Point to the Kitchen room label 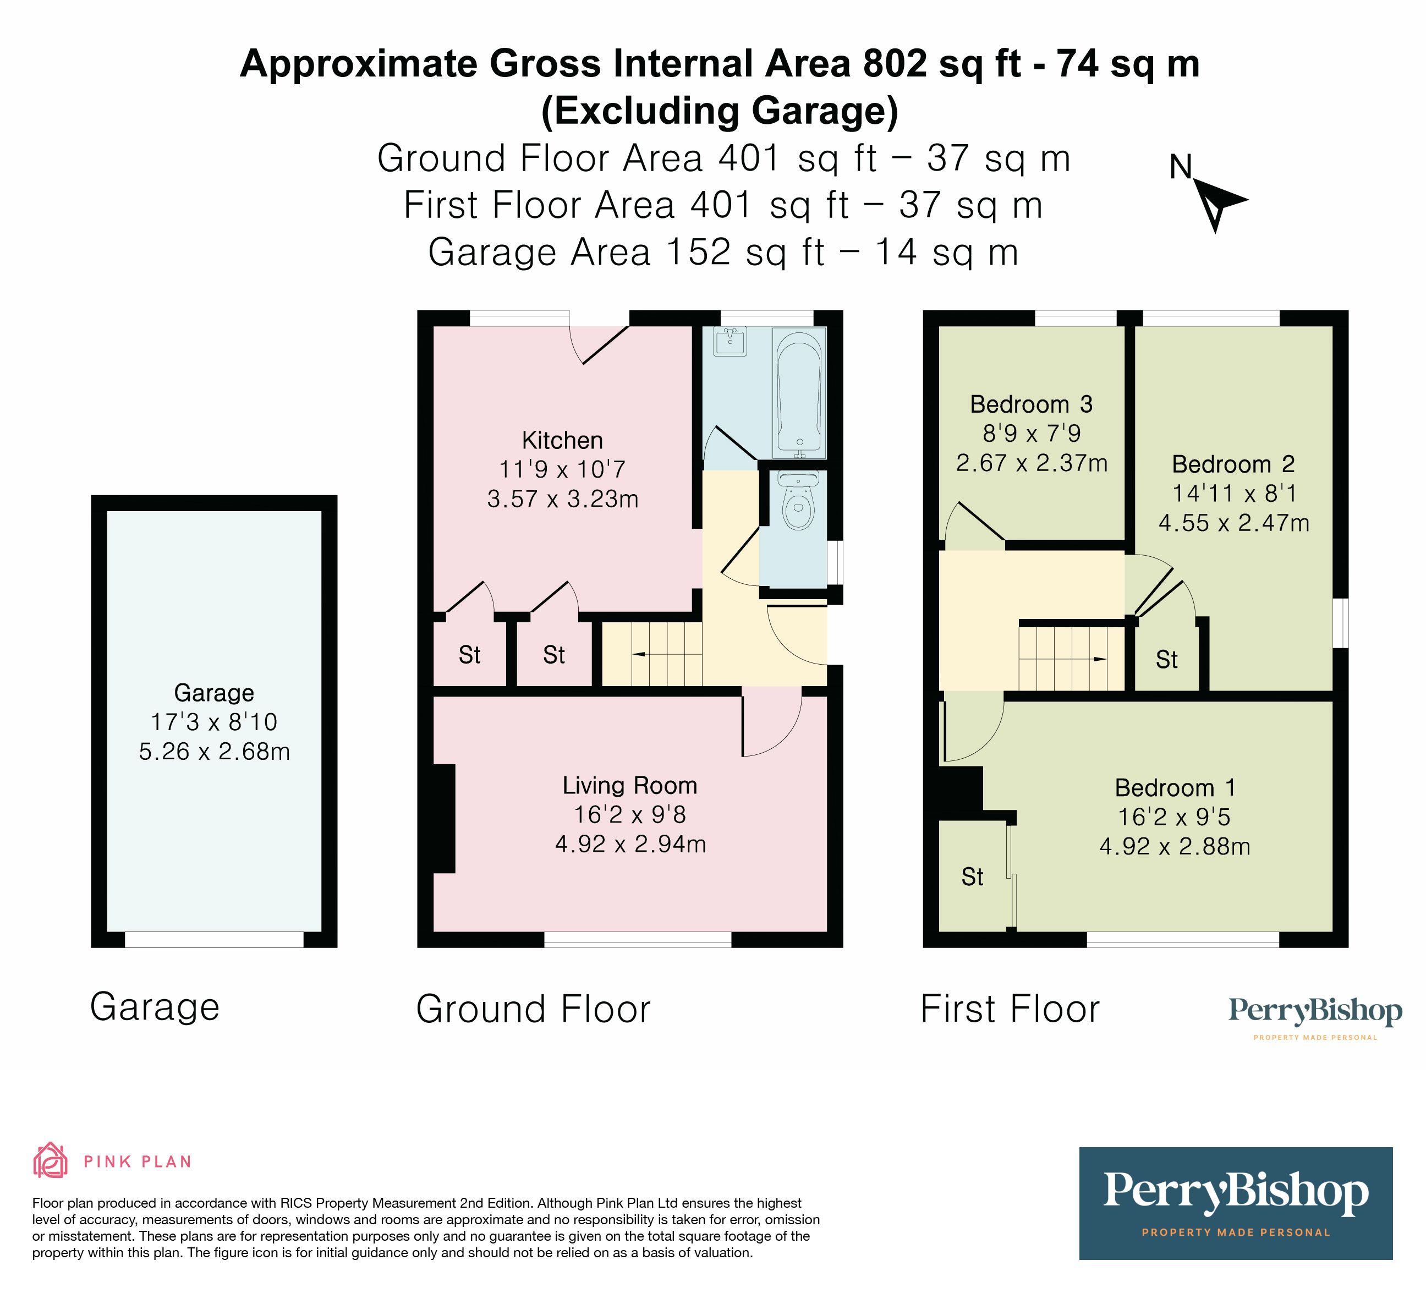tap(562, 441)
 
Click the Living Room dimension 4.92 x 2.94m tap(630, 845)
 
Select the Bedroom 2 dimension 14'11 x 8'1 tap(1233, 493)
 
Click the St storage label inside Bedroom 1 tap(972, 877)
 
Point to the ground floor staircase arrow tap(639, 655)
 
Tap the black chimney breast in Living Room tap(444, 818)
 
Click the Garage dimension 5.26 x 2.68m tap(215, 751)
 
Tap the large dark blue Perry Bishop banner tap(1235, 1202)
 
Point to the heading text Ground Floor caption tap(533, 1009)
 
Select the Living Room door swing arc tap(775, 728)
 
